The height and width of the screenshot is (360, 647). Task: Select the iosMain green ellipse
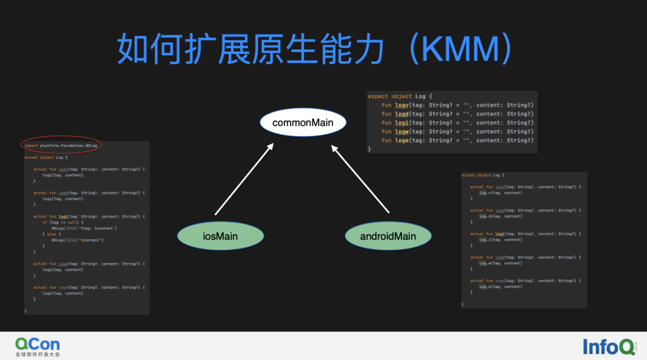pos(220,236)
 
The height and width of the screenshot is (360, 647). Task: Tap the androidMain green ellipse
pos(388,236)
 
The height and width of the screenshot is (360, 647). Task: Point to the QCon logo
pos(37,344)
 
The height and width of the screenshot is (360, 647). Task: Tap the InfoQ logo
pos(608,346)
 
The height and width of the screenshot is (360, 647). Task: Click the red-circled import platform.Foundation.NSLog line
pos(61,145)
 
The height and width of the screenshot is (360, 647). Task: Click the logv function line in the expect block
pos(457,105)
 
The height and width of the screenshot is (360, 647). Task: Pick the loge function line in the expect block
pos(457,140)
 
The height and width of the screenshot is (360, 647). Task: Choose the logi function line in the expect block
pos(457,123)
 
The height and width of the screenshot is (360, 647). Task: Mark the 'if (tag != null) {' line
pos(62,222)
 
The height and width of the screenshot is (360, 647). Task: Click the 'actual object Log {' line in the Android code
pos(483,175)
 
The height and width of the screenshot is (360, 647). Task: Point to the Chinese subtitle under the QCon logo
pos(37,355)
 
